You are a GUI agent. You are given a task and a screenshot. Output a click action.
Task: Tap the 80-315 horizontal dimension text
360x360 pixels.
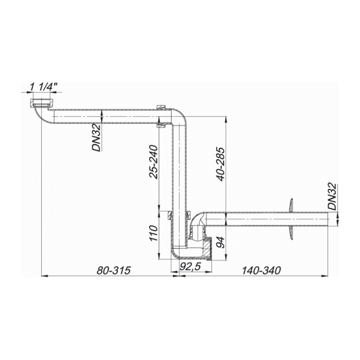click(x=114, y=271)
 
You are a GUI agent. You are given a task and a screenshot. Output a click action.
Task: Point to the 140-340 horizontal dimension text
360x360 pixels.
click(x=261, y=271)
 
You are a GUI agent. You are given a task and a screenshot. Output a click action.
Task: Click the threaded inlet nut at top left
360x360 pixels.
click(x=41, y=103)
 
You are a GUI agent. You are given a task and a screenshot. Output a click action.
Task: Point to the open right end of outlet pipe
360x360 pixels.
click(x=328, y=219)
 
